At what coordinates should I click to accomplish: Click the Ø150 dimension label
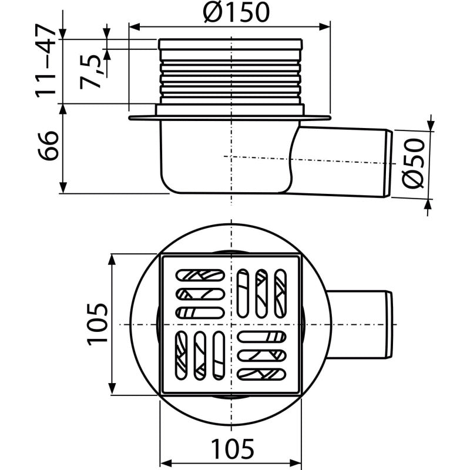coord(236,12)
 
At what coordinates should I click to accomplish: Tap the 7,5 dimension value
coord(90,72)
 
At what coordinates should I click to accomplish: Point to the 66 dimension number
coord(48,146)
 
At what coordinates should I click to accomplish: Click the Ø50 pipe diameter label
coord(414,163)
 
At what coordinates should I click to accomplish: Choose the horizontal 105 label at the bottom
coord(233,448)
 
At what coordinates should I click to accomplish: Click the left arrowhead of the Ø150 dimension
coord(135,26)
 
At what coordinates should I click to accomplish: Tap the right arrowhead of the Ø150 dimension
coord(325,26)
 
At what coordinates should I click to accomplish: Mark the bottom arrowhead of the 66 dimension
coord(63,187)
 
